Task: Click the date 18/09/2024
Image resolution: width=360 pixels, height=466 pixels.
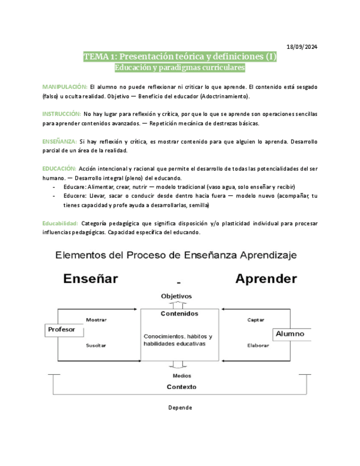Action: click(x=303, y=46)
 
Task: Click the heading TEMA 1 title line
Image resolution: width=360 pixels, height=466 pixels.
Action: click(x=180, y=57)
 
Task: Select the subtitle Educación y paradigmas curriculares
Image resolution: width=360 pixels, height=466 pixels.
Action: click(x=179, y=68)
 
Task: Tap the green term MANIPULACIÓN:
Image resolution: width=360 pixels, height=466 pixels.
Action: click(x=65, y=87)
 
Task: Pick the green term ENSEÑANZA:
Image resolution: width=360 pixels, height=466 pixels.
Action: click(x=59, y=141)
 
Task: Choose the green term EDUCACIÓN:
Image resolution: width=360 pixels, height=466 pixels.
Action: click(x=59, y=168)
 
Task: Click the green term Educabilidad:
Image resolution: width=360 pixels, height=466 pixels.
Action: click(x=60, y=224)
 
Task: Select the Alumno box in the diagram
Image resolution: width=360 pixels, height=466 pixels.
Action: click(x=290, y=334)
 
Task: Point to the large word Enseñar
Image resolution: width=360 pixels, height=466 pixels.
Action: click(x=91, y=279)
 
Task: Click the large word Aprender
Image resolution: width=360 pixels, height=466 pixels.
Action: click(x=266, y=279)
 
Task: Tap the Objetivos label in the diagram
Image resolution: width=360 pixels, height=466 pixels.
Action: click(x=176, y=296)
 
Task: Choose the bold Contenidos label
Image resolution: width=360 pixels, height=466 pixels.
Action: click(x=180, y=314)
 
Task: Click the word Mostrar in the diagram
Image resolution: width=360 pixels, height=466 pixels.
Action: click(x=96, y=320)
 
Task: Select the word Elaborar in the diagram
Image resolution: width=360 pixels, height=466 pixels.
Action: click(x=258, y=346)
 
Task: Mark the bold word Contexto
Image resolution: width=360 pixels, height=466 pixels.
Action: click(x=181, y=387)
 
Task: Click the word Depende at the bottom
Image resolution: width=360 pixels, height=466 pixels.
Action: click(x=180, y=408)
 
